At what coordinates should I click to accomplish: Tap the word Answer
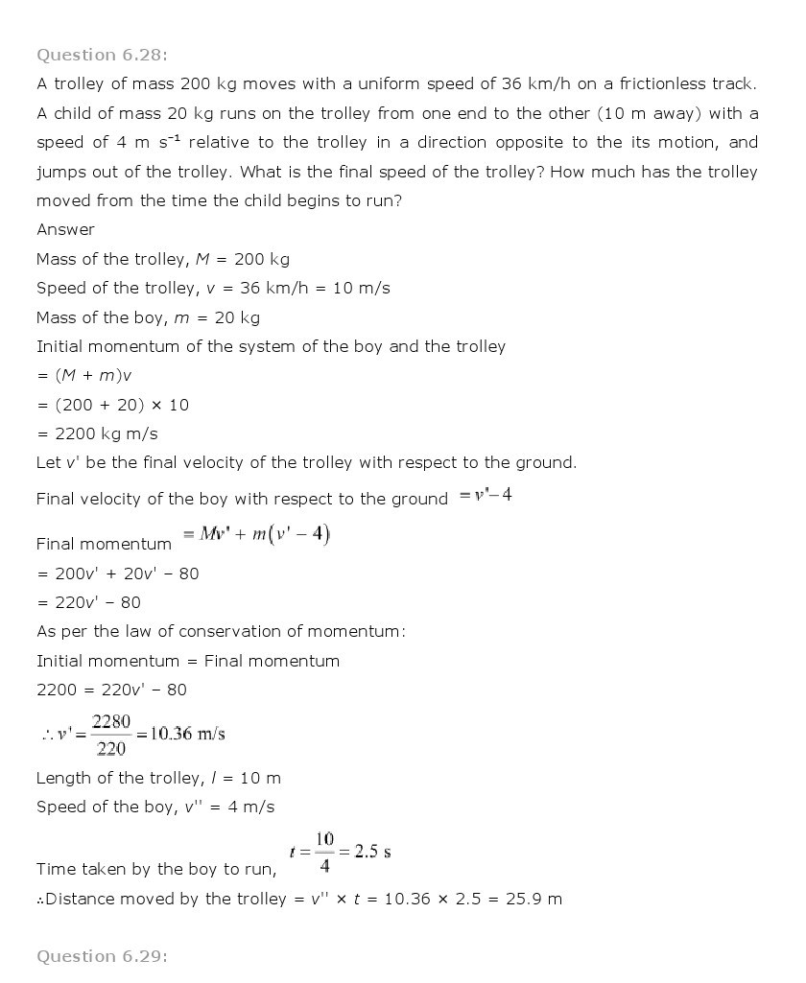tap(65, 230)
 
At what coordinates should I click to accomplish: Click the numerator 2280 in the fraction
tap(111, 721)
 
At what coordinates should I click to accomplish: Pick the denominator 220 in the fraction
tap(111, 750)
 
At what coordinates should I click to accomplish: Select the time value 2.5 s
tap(371, 852)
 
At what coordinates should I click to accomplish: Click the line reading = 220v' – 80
tap(88, 603)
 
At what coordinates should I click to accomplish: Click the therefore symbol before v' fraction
tap(46, 736)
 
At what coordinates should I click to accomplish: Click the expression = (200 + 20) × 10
tap(112, 405)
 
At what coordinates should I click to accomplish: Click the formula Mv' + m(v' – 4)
tap(264, 535)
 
